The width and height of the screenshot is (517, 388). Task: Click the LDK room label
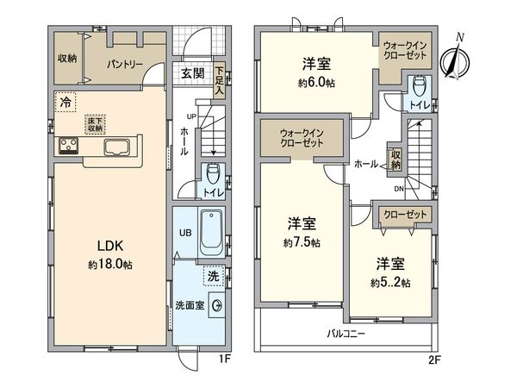click(108, 245)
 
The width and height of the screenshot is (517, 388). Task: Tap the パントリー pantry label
click(124, 64)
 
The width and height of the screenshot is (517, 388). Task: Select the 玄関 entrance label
click(193, 74)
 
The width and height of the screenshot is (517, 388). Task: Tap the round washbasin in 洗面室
click(216, 306)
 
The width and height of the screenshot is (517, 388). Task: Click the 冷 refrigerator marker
click(66, 103)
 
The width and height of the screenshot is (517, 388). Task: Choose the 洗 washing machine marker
click(211, 276)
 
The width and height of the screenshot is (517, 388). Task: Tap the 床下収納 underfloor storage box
click(95, 124)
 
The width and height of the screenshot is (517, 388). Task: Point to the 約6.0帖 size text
click(317, 84)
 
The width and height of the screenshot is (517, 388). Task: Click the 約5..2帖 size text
click(391, 282)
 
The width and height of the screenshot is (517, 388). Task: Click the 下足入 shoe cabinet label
click(221, 80)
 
